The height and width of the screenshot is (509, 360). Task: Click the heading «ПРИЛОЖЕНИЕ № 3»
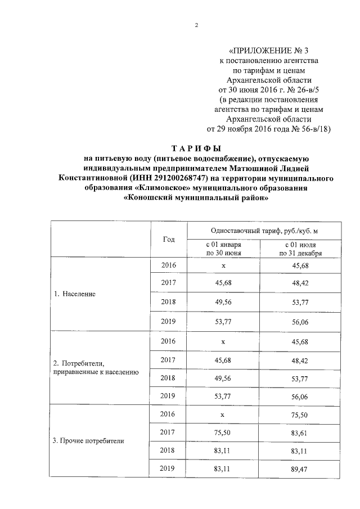(x=270, y=50)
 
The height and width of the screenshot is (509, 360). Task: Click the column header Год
(x=169, y=239)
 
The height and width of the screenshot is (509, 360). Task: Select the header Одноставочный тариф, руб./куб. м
(x=263, y=231)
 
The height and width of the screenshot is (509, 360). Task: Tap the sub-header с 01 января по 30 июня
(x=223, y=249)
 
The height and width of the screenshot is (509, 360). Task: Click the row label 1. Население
(x=75, y=294)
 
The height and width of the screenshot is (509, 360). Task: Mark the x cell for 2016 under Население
(x=223, y=265)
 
